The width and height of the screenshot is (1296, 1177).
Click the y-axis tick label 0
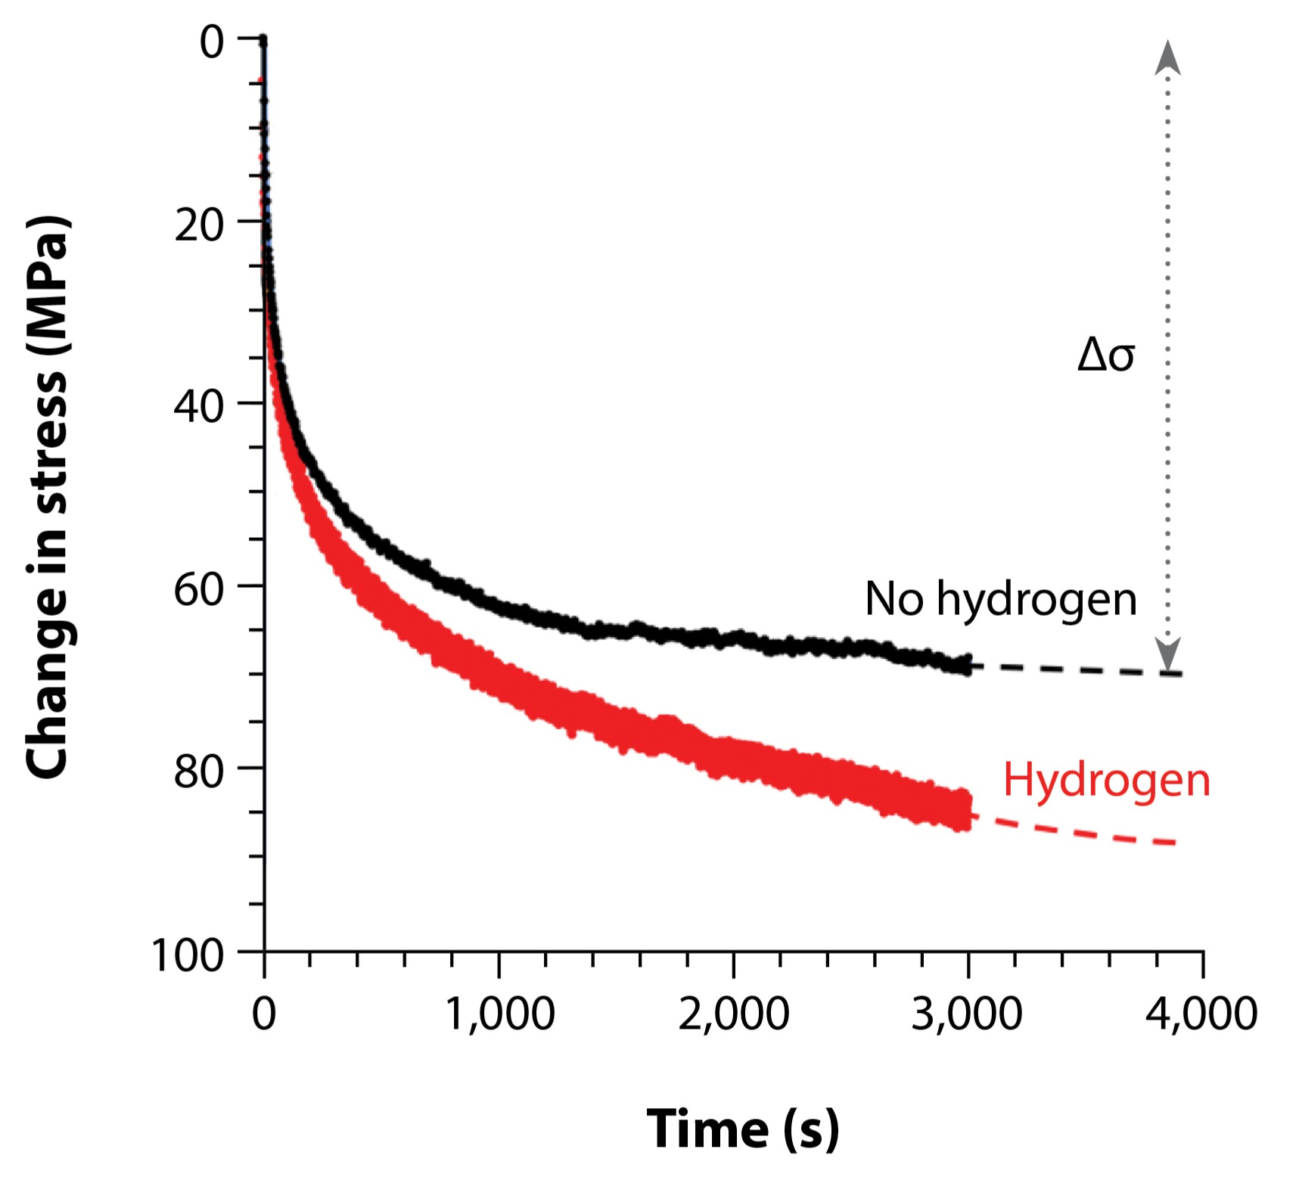click(x=212, y=42)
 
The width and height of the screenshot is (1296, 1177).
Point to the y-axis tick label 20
click(x=199, y=225)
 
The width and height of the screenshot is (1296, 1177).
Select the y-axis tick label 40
click(x=199, y=407)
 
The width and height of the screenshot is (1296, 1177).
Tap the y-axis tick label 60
click(x=199, y=589)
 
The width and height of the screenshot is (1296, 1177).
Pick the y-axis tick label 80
click(x=199, y=772)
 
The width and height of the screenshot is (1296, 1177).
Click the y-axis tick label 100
click(x=188, y=955)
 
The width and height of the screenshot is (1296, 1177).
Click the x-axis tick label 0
click(x=264, y=1014)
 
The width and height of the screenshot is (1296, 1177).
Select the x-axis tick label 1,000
click(x=499, y=1014)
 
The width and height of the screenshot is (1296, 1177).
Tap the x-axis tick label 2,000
click(x=733, y=1014)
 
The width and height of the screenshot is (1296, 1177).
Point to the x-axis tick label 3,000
click(x=967, y=1014)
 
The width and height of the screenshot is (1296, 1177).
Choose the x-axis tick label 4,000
click(x=1201, y=1014)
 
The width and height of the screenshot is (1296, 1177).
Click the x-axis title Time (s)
click(x=742, y=1129)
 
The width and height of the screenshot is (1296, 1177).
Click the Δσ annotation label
click(x=1105, y=355)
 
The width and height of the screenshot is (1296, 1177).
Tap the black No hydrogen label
click(x=1000, y=599)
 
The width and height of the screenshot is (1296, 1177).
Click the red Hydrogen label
click(x=1106, y=780)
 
